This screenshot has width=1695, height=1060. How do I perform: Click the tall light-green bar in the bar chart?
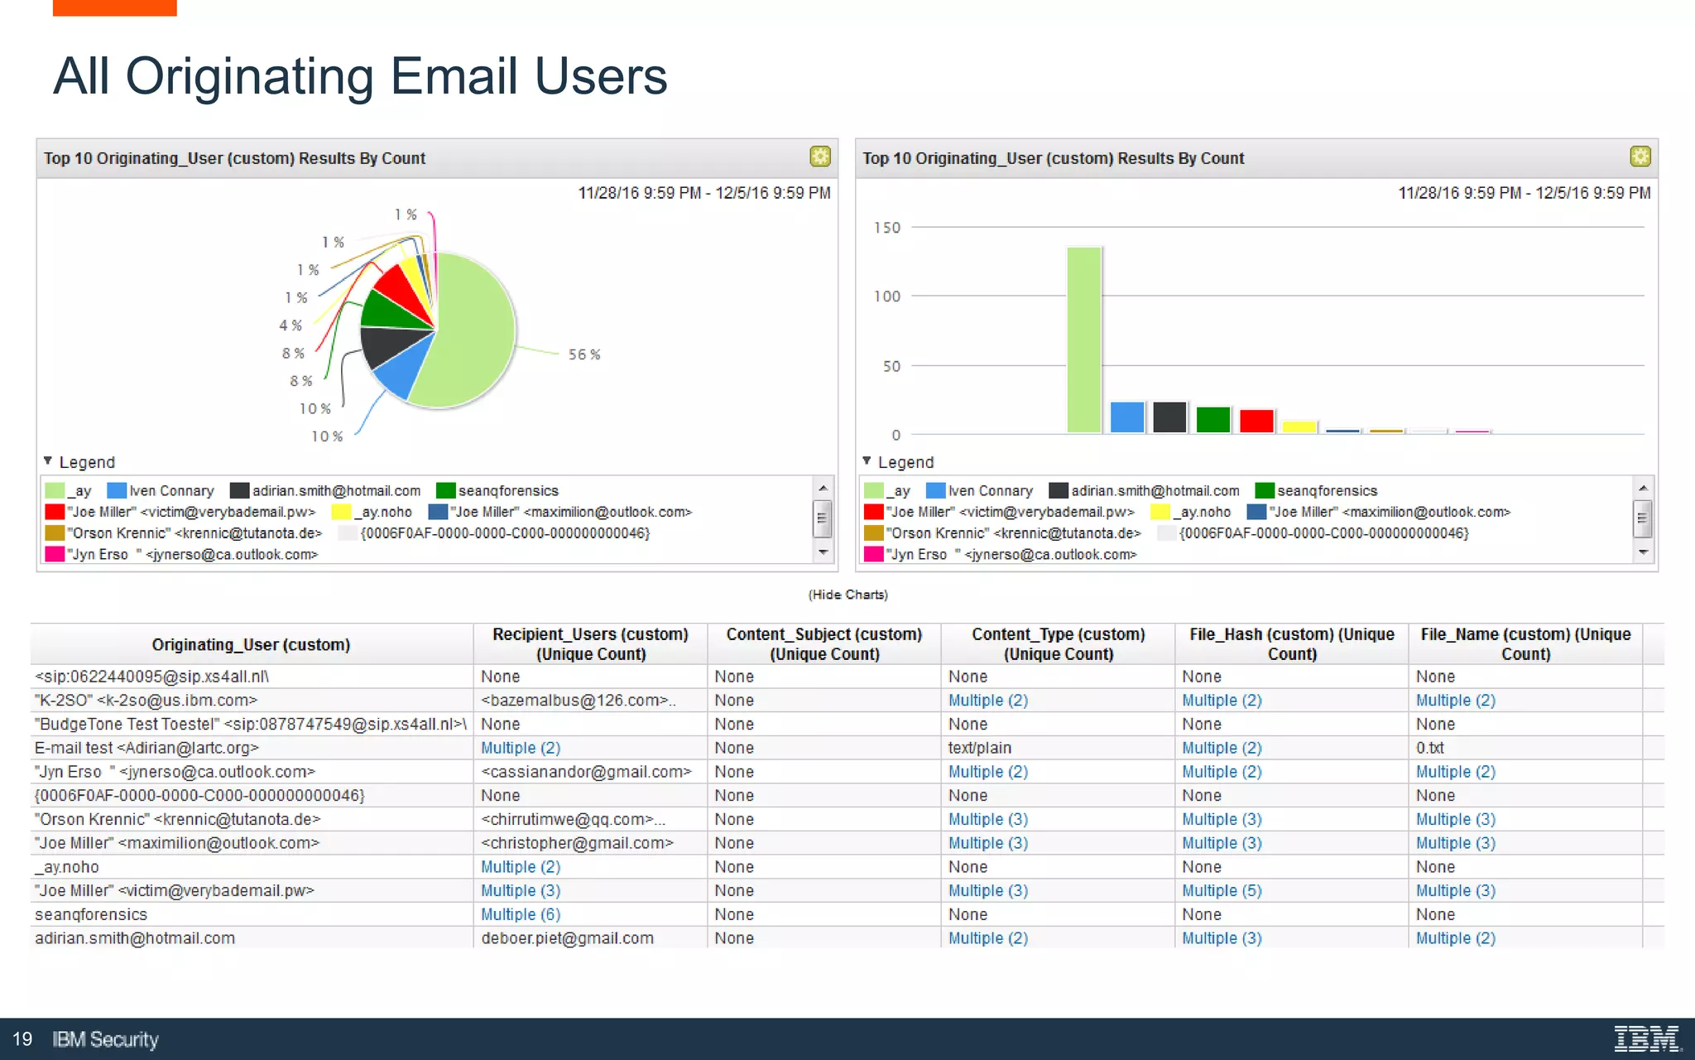[1083, 340]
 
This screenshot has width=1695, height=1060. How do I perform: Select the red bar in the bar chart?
[1256, 421]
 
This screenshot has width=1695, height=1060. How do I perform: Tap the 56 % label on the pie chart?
[584, 354]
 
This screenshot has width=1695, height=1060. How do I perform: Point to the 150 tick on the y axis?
[887, 228]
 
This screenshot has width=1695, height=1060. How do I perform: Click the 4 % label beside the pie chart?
[291, 325]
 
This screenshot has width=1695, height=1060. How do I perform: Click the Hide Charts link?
[847, 595]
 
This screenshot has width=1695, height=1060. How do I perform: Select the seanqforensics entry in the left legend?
[507, 491]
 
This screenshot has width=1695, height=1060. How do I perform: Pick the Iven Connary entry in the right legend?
[990, 491]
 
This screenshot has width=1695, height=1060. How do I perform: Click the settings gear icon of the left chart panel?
[819, 157]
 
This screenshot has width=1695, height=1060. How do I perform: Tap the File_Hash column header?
[1291, 644]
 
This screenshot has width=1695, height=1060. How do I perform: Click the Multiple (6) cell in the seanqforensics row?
[521, 914]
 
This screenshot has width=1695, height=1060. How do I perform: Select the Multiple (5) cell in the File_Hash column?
[1222, 890]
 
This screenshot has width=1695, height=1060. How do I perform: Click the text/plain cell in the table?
[979, 748]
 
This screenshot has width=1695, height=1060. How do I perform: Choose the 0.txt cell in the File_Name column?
[1429, 748]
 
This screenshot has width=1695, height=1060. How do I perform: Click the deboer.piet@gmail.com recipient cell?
[567, 938]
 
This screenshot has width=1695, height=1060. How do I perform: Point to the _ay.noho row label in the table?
[67, 867]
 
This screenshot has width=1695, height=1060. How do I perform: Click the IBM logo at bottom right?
[1647, 1038]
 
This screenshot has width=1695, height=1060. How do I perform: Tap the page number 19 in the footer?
[22, 1039]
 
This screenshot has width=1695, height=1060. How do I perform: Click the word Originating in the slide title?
[249, 76]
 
